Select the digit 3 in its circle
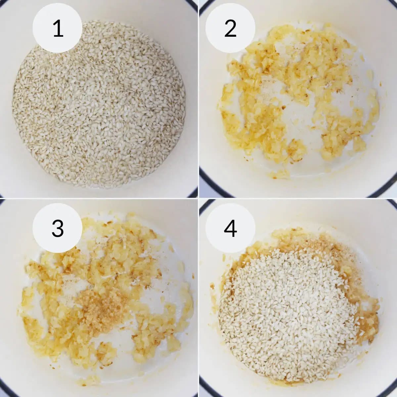pos(58,228)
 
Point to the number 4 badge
pos(230,228)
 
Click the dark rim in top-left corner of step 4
pos(203,206)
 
